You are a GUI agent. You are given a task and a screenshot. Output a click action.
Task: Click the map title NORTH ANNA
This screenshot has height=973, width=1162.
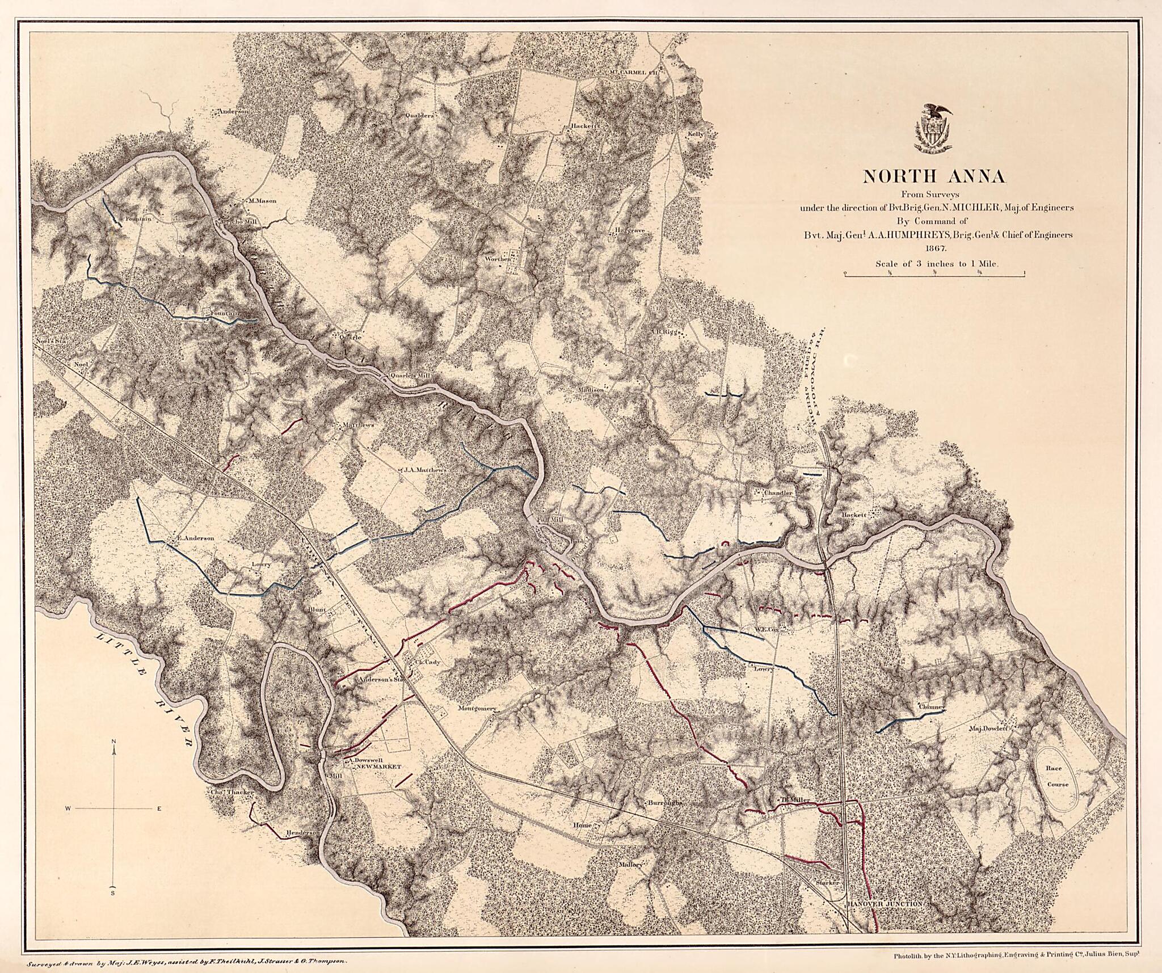(933, 176)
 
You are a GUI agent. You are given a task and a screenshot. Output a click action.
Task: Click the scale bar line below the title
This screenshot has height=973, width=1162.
(934, 274)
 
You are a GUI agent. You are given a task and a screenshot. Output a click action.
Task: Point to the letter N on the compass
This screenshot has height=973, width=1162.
(114, 742)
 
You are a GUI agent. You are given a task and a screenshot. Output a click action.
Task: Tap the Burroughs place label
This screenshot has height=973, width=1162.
(664, 803)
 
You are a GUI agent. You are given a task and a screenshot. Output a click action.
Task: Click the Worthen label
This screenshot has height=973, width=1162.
(498, 259)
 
